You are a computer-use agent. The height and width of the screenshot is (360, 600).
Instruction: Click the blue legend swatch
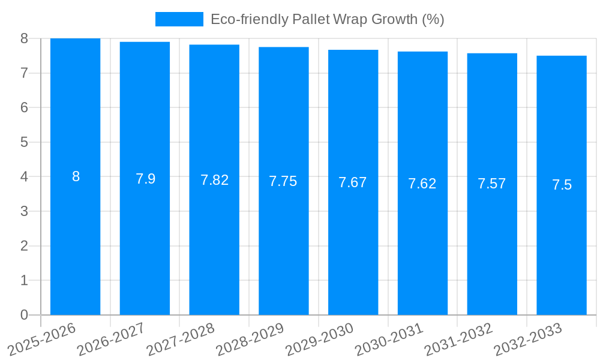point(179,19)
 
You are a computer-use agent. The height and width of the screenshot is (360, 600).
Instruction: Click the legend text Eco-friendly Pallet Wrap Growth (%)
point(327,19)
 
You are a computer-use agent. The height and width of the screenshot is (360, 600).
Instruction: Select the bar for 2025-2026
point(76,240)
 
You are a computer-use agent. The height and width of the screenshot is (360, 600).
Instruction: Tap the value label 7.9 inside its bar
point(145,179)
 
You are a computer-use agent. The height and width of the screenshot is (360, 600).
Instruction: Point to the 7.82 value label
point(214,180)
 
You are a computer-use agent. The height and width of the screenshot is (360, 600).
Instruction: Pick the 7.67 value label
point(353,182)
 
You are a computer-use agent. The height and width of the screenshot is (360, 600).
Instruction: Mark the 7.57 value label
point(492,184)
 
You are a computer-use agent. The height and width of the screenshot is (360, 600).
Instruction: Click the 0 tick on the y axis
point(24,315)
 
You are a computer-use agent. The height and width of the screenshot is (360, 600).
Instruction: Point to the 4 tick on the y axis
point(24,177)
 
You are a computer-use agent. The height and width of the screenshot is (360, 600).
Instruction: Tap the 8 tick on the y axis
point(24,38)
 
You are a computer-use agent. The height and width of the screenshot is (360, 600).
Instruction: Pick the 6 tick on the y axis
point(24,107)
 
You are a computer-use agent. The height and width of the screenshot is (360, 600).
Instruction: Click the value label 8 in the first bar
point(76,176)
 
